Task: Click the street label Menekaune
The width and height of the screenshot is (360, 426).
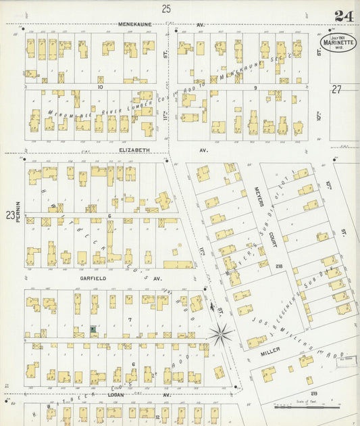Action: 135,24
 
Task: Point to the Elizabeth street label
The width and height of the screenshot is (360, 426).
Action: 134,150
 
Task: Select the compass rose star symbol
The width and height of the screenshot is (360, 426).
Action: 221,333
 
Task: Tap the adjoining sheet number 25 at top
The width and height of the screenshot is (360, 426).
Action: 166,8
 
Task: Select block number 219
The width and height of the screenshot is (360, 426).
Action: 313,394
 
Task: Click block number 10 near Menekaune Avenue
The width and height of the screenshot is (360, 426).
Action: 99,87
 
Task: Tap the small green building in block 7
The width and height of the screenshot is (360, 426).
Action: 93,329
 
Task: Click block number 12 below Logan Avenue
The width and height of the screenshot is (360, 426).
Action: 157,417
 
